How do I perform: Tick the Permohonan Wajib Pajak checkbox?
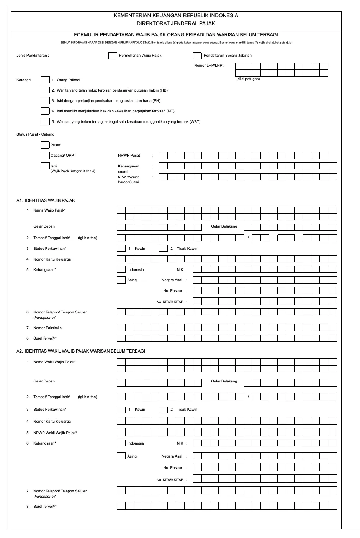click(x=113, y=56)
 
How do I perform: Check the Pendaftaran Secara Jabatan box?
click(x=197, y=56)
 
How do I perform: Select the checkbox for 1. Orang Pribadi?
click(x=45, y=80)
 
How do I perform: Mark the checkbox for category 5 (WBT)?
click(x=45, y=121)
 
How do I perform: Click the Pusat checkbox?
click(x=45, y=145)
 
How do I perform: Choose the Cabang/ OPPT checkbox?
click(x=45, y=155)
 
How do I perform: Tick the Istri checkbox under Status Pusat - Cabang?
click(x=45, y=166)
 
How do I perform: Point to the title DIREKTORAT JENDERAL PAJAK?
click(x=176, y=23)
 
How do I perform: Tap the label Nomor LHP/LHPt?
click(x=209, y=66)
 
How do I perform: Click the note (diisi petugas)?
click(x=248, y=79)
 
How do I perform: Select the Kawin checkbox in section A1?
click(x=121, y=248)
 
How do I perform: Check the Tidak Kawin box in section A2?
click(x=163, y=410)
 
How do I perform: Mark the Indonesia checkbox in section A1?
click(x=121, y=269)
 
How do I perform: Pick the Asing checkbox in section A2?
click(x=121, y=456)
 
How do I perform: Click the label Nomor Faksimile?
click(x=47, y=328)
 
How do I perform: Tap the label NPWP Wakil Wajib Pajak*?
click(x=55, y=433)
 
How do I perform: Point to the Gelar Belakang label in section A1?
click(x=224, y=226)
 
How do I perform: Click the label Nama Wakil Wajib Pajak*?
click(x=54, y=362)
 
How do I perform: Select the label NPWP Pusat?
click(x=129, y=156)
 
